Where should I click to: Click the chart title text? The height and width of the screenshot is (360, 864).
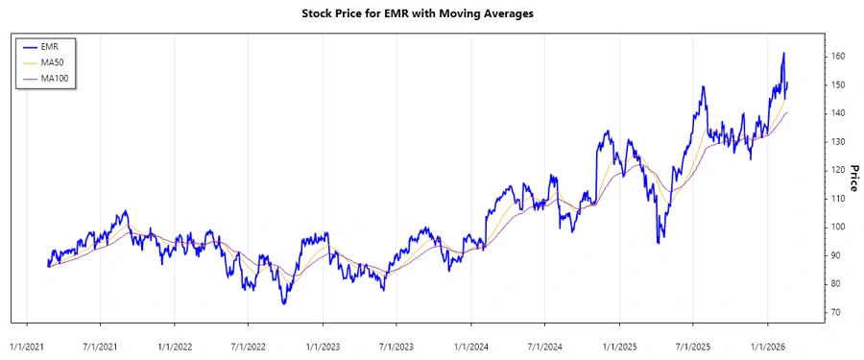(x=431, y=13)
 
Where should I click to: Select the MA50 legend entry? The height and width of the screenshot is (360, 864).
(x=54, y=62)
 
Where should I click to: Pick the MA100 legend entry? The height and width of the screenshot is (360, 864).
(x=56, y=78)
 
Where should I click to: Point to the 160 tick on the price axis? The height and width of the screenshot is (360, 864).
(x=838, y=57)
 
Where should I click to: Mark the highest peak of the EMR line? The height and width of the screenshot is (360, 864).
(x=783, y=53)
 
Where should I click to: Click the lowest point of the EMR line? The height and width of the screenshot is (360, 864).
(x=283, y=303)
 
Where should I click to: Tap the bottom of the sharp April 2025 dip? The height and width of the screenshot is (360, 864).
(x=658, y=243)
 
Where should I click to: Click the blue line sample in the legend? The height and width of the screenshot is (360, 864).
(x=28, y=46)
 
